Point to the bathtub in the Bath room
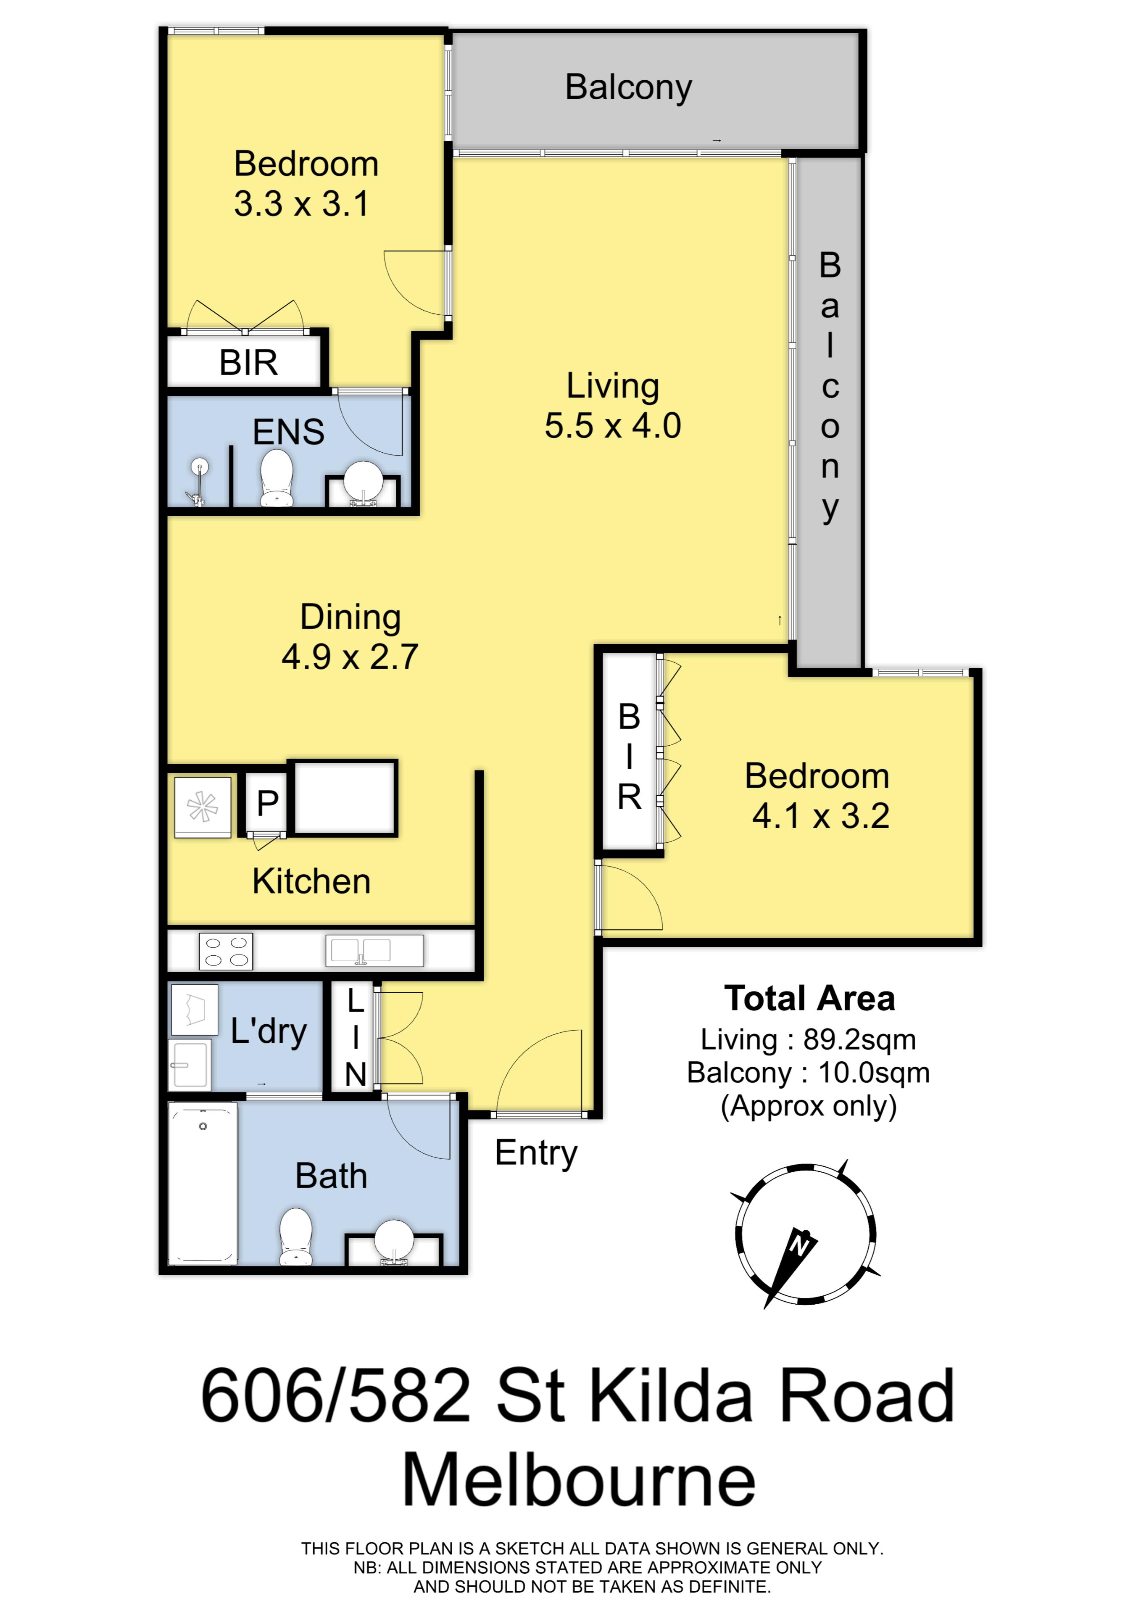(203, 1183)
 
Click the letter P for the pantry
(267, 803)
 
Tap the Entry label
(536, 1154)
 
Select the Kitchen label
(311, 881)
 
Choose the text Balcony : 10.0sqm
(809, 1073)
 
